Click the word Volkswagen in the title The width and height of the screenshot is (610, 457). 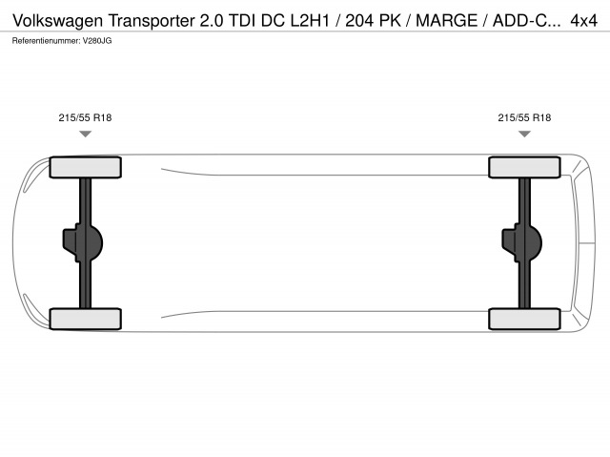coord(58,21)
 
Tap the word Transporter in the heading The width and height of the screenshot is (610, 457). coord(152,21)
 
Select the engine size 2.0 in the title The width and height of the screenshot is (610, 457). coord(212,20)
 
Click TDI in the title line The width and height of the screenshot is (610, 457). coord(242,20)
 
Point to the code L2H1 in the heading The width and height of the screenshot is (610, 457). coord(310,20)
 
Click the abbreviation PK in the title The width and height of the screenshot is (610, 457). coord(390,20)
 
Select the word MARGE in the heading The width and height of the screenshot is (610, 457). coord(447,20)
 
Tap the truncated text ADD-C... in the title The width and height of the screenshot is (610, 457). coord(527,20)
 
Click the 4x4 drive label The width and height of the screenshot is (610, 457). coord(583,20)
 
